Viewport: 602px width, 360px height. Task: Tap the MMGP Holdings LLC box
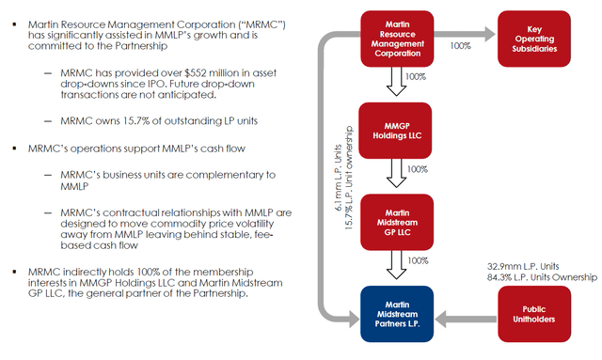point(395,129)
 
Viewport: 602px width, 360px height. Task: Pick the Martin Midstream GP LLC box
point(395,219)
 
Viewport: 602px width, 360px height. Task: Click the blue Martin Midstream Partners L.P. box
point(395,313)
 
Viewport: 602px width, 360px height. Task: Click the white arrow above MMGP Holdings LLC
point(395,86)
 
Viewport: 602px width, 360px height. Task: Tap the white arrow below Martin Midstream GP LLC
point(395,266)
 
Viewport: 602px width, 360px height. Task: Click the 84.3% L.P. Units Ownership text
point(532,278)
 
